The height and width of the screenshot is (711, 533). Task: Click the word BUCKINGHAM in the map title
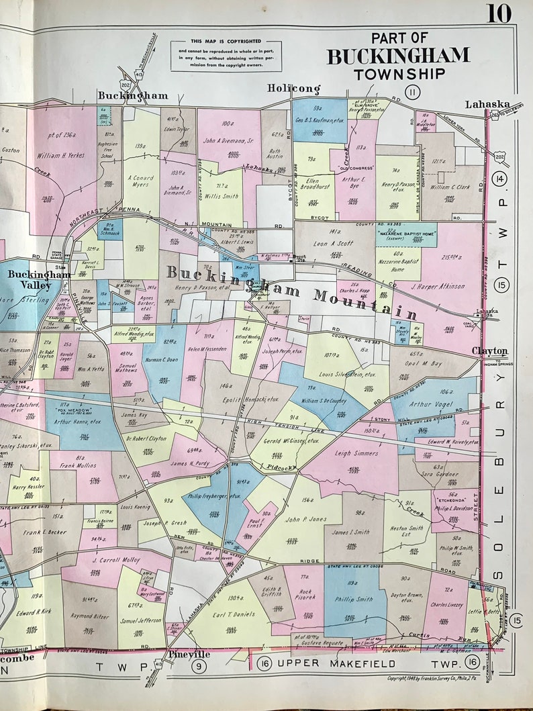(x=398, y=56)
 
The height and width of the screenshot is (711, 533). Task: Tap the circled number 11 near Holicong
(x=411, y=92)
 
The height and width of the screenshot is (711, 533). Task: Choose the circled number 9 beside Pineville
(x=198, y=666)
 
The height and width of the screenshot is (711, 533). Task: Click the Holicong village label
(x=293, y=89)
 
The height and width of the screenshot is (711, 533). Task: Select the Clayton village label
(x=489, y=351)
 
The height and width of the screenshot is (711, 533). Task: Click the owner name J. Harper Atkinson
(x=438, y=286)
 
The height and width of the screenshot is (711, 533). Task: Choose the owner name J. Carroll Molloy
(x=115, y=559)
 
